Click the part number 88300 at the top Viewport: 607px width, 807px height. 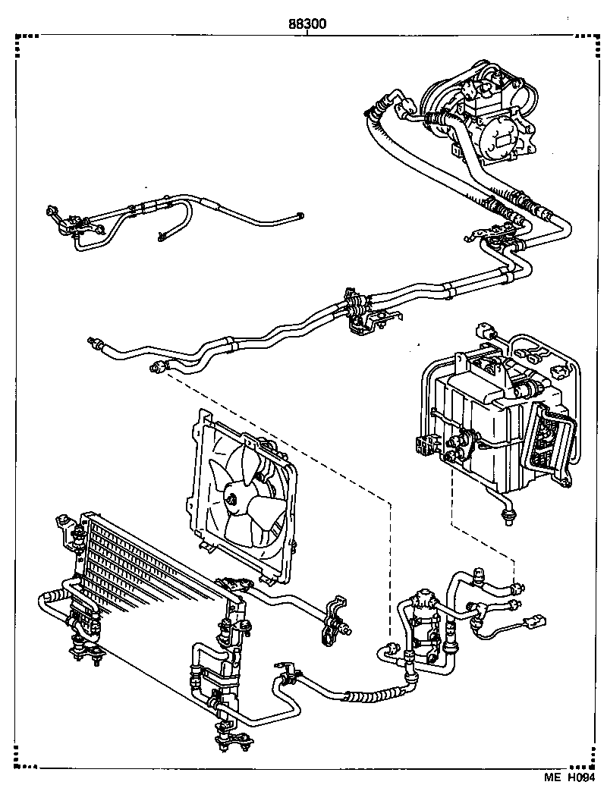(x=307, y=24)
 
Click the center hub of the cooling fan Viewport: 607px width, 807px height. (x=230, y=498)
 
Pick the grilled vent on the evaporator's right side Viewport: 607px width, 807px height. (x=550, y=440)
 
